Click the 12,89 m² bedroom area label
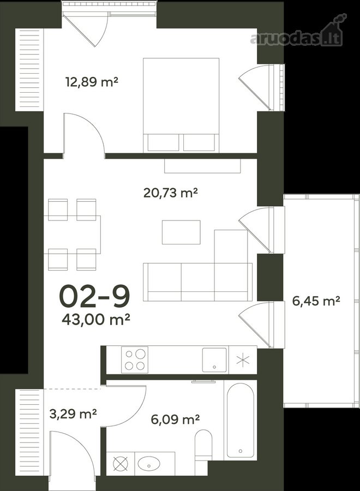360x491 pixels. point(92,82)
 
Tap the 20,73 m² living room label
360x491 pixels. point(170,193)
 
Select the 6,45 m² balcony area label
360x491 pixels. point(316,301)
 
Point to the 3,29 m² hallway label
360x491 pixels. point(73,414)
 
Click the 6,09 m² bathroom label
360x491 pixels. point(175,419)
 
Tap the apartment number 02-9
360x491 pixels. point(94,296)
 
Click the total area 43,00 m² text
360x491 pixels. point(96,319)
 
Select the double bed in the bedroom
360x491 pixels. point(181,105)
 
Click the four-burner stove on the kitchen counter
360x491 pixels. point(135,360)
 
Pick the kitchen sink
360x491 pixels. point(214,360)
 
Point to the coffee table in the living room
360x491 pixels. point(181,232)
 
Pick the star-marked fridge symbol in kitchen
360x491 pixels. point(243,360)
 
